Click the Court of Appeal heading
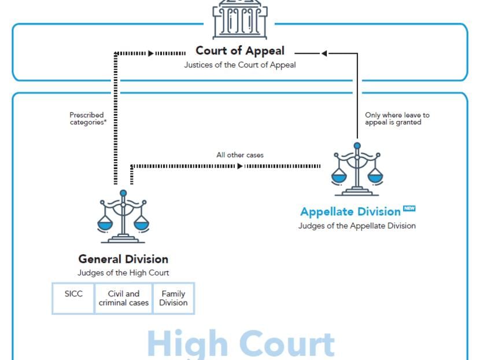240,51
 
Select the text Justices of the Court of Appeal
240,65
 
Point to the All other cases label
240,155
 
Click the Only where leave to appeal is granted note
397,119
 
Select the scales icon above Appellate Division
357,169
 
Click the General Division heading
123,259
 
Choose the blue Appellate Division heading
350,211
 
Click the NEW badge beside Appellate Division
409,208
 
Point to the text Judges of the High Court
123,273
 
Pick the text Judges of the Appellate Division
357,226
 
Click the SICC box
73,298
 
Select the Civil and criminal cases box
124,298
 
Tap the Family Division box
173,298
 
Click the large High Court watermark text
240,344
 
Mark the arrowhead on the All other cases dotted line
240,166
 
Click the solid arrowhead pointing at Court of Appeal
324,53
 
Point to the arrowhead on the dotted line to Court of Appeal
151,53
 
